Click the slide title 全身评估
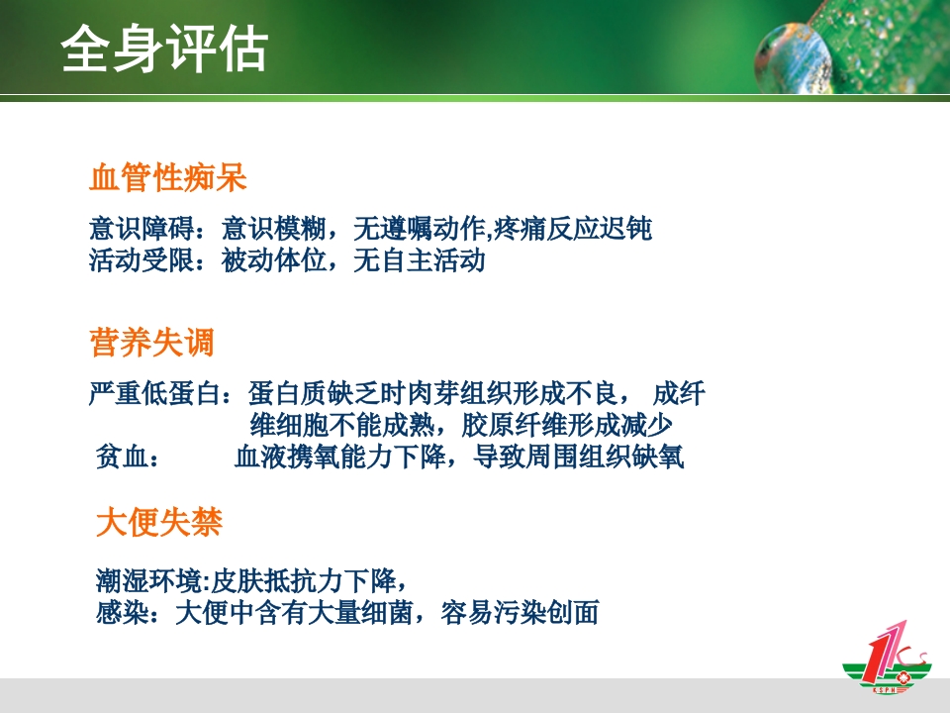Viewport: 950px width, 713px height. [163, 49]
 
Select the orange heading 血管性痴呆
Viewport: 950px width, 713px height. [167, 178]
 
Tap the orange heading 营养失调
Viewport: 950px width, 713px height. [151, 344]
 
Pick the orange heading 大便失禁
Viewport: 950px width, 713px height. [158, 522]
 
